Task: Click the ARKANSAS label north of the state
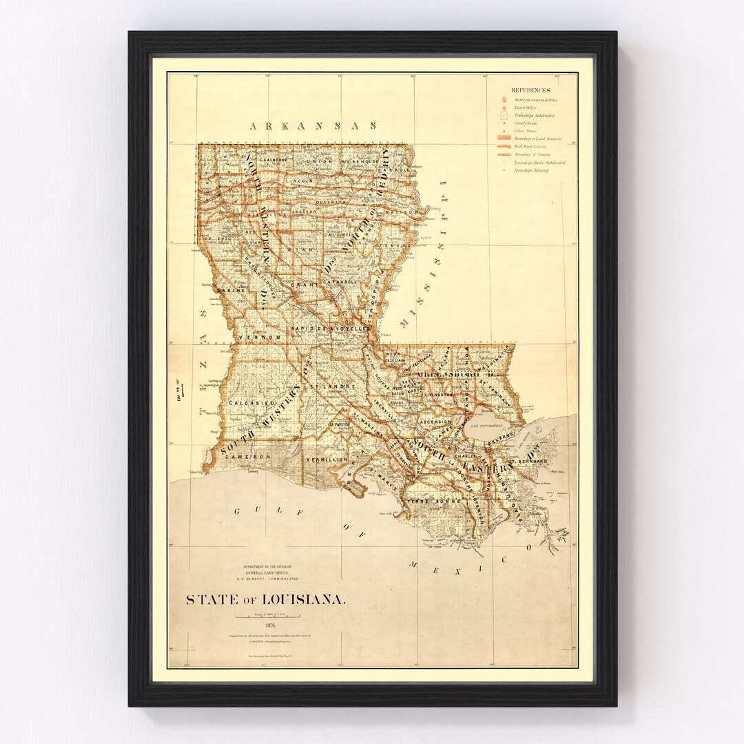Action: [x=313, y=126]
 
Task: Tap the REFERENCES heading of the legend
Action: [x=530, y=90]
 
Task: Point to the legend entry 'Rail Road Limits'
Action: [x=530, y=147]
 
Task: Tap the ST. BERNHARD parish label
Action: [x=528, y=460]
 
